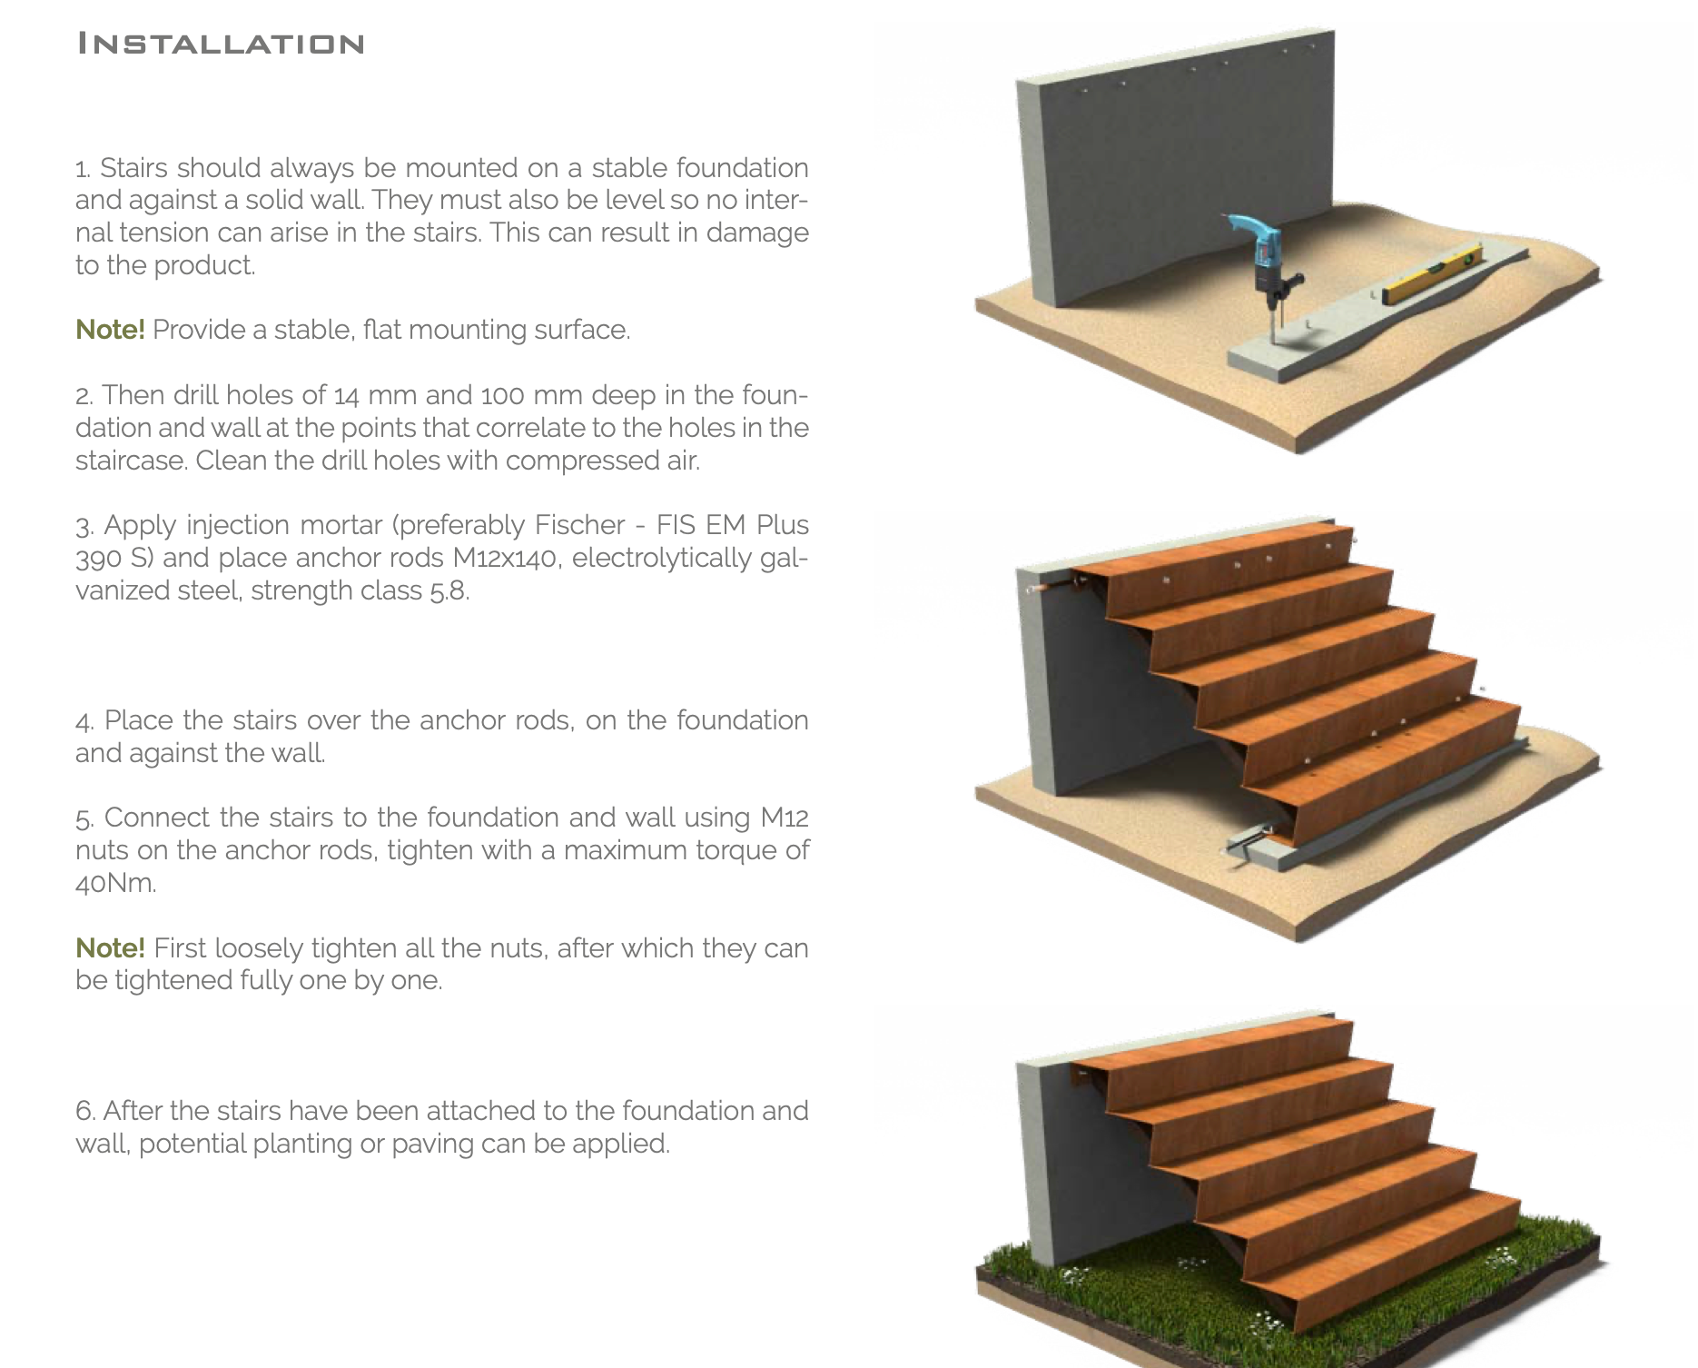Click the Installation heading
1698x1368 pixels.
221,44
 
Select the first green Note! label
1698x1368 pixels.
110,329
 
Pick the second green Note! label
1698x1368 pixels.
110,947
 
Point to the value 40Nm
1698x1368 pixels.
115,882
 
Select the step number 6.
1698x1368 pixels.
85,1111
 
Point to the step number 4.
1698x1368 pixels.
85,721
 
